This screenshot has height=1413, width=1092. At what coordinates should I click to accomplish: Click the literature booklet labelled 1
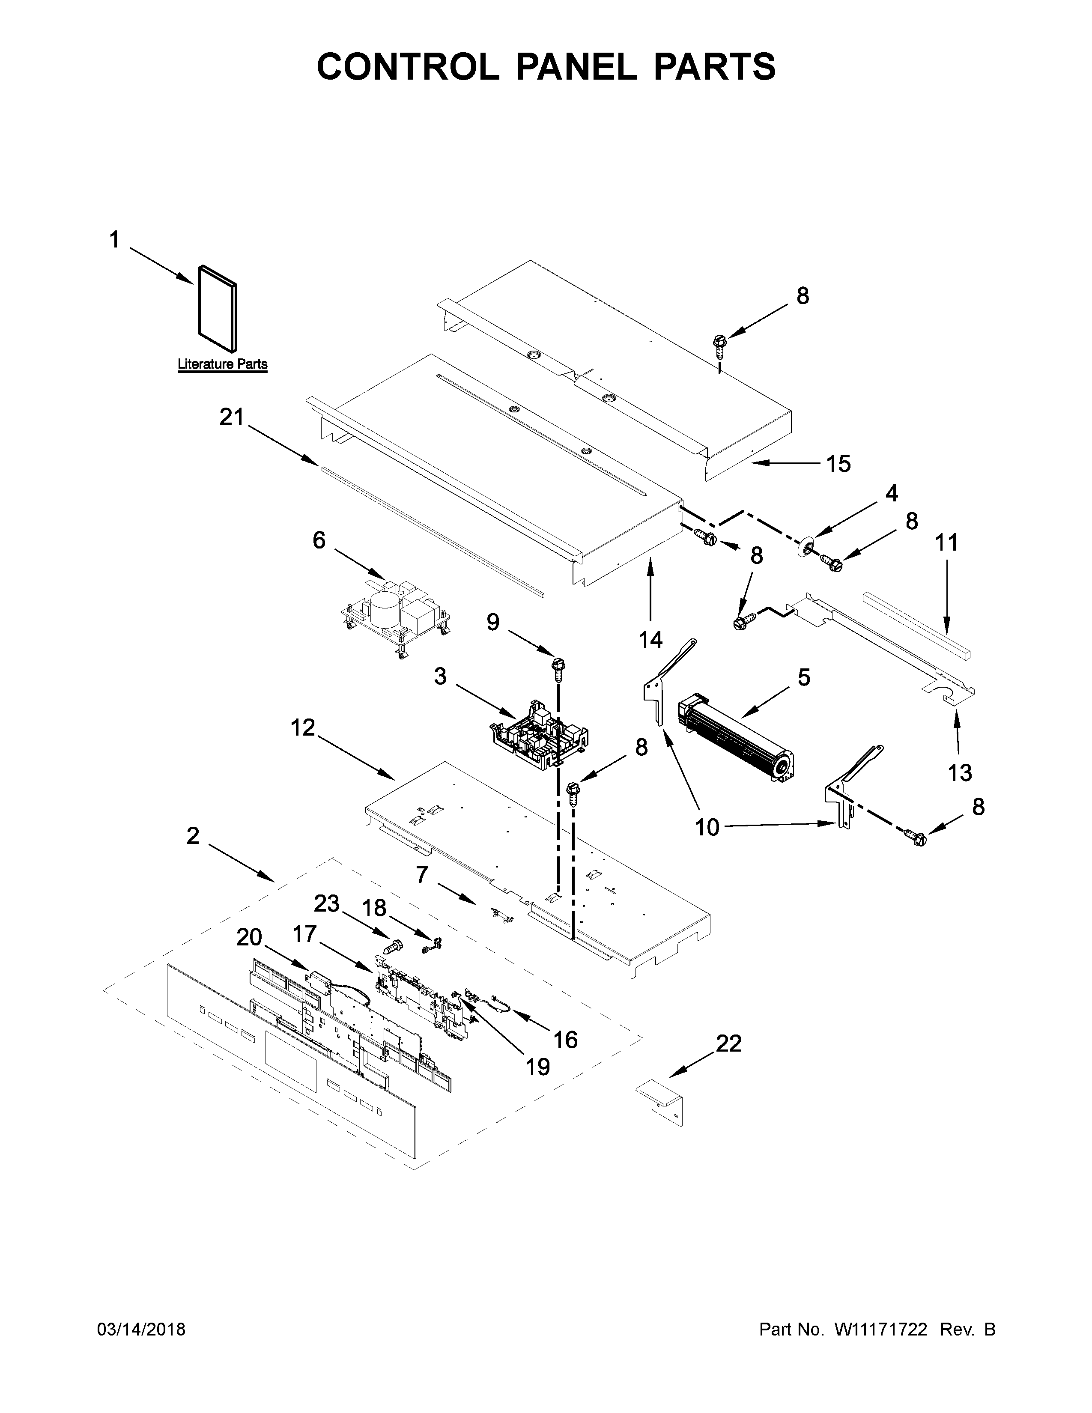218,310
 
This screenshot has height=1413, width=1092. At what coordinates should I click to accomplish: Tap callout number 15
838,464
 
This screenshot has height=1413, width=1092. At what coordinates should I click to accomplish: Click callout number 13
960,772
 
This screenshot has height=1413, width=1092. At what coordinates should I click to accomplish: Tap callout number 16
565,1040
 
